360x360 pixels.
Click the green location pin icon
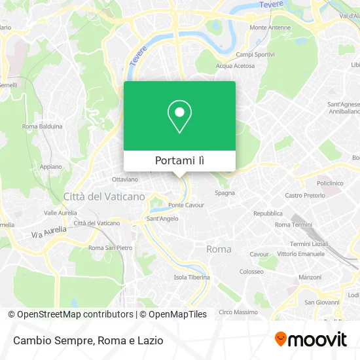[179, 117]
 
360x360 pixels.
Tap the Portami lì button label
[179, 161]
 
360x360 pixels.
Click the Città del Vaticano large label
[104, 196]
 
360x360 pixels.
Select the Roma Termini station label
[293, 225]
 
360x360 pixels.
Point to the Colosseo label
[251, 271]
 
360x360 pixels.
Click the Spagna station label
[225, 193]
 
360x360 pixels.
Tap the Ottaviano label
[125, 179]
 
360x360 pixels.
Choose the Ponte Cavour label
[186, 205]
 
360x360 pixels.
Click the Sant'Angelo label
[162, 219]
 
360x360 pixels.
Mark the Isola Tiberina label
[192, 277]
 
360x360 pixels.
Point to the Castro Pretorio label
[305, 196]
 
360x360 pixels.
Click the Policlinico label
[330, 183]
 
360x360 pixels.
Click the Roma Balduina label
[43, 126]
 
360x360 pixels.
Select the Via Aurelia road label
[49, 231]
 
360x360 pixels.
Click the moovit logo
[310, 339]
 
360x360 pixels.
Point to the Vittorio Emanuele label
[300, 253]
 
